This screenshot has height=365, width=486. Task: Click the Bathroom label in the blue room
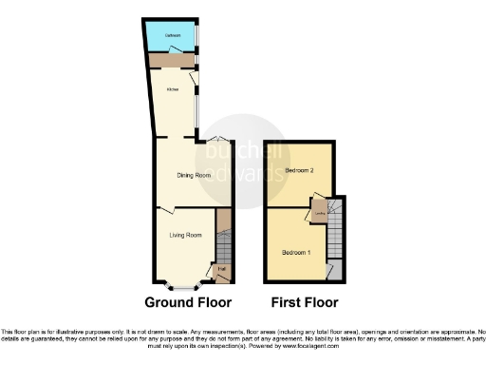pos(172,36)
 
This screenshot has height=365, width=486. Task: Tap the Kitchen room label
pos(173,90)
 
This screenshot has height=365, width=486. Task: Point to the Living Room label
pos(185,235)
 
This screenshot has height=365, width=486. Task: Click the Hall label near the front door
pos(221,269)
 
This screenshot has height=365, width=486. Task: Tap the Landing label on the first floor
pos(321,213)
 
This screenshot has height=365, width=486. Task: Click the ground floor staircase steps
pos(223,249)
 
